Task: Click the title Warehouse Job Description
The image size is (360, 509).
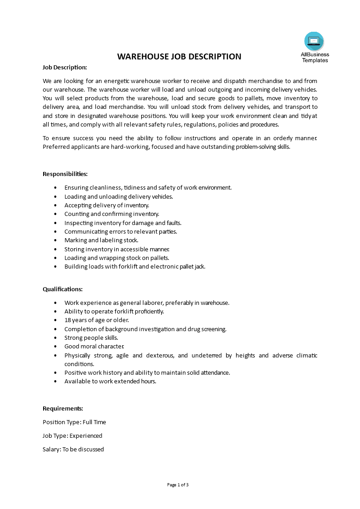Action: tap(179, 57)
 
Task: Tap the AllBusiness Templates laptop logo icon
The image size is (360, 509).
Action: tap(314, 41)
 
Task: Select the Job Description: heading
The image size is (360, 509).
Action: tap(65, 67)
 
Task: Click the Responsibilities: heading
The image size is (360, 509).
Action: tap(65, 174)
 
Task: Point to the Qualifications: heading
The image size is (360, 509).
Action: tap(63, 289)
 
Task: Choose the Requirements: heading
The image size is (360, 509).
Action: tap(63, 408)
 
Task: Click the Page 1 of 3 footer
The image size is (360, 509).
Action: tap(178, 485)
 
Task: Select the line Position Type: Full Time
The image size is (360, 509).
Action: tap(74, 422)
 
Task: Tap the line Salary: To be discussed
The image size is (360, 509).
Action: tap(73, 449)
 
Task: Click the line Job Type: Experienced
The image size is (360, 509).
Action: tap(72, 436)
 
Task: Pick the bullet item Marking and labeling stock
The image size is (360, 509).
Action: tap(101, 240)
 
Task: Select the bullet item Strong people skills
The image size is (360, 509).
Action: tap(91, 338)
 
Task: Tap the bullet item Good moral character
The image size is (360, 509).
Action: tap(94, 346)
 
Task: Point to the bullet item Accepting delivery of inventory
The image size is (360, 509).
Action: tap(107, 205)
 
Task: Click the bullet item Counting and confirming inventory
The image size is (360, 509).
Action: tap(112, 214)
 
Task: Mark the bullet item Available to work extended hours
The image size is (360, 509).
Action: tap(110, 381)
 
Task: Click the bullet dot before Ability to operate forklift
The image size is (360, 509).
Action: tap(55, 312)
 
